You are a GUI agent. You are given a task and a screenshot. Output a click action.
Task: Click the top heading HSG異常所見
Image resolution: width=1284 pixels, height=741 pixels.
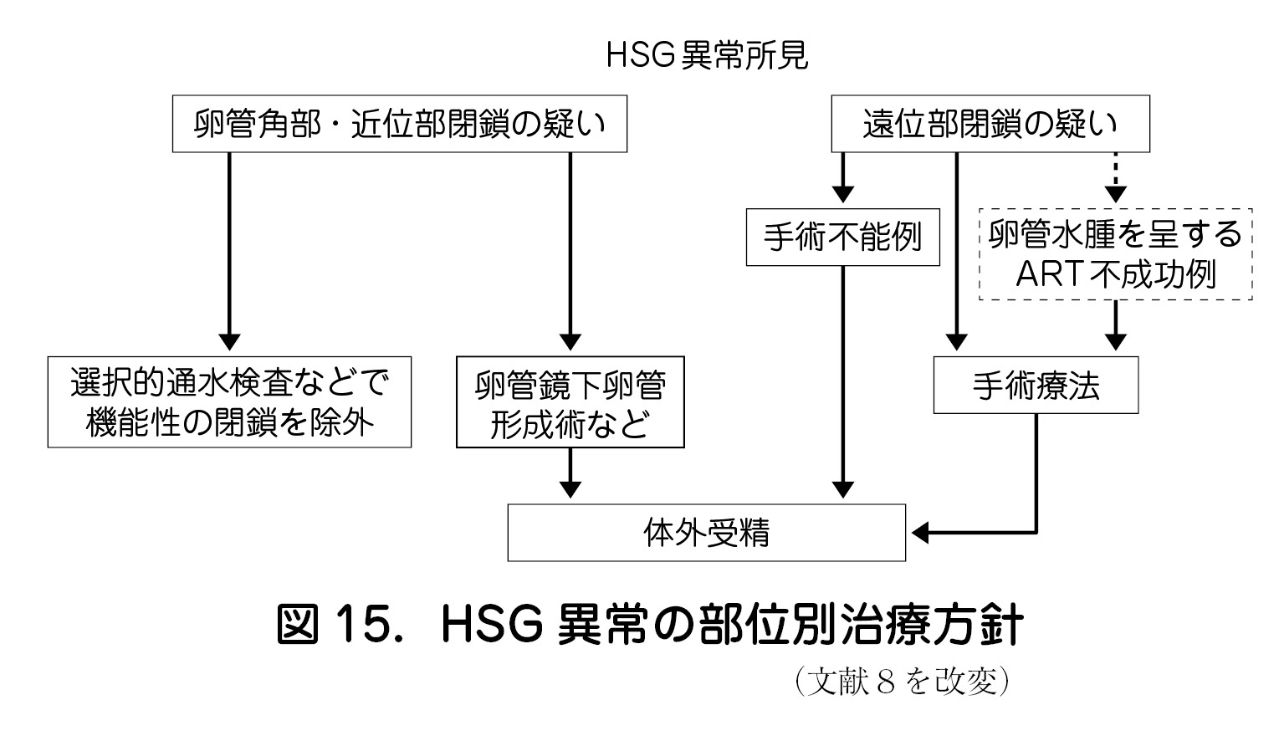click(x=707, y=56)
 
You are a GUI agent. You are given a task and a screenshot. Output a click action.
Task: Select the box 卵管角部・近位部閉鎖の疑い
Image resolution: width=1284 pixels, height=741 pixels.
click(x=399, y=125)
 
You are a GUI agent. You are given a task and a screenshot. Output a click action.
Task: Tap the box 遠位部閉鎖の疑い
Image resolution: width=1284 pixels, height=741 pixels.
click(x=990, y=125)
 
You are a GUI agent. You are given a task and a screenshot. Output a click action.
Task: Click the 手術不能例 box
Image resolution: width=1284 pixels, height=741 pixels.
click(x=842, y=238)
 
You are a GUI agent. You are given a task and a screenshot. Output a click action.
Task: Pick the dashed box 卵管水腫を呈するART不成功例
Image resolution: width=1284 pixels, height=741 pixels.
click(x=1115, y=254)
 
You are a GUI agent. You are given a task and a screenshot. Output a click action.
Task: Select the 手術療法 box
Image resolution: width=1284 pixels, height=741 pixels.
click(x=1036, y=386)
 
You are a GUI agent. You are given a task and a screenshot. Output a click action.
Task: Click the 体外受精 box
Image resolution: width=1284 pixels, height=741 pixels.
click(x=706, y=533)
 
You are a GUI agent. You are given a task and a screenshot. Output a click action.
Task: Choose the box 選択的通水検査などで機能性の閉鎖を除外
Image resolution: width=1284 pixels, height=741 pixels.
click(x=229, y=402)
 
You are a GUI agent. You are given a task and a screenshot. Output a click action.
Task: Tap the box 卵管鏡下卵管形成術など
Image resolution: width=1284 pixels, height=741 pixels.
click(x=570, y=402)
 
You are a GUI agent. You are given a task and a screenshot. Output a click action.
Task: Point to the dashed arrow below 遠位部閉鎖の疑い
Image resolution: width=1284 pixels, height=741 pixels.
click(x=1116, y=177)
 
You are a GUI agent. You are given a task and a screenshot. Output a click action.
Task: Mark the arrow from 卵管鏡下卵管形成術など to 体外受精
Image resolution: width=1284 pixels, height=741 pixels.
click(x=570, y=473)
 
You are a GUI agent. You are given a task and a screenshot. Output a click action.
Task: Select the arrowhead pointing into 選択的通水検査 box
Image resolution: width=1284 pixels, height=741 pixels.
click(x=229, y=341)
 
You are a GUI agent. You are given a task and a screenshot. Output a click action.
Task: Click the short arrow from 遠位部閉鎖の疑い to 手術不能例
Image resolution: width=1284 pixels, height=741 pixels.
click(x=842, y=177)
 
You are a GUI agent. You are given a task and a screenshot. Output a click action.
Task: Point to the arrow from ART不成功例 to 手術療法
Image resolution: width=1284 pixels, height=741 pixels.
click(x=1116, y=325)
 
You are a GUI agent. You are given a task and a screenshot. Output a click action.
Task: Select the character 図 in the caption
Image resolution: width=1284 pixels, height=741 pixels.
click(x=299, y=626)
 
